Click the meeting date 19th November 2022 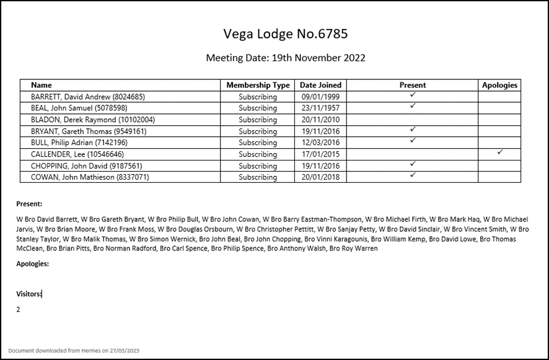coord(286,58)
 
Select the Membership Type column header coord(258,86)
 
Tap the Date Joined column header coord(320,86)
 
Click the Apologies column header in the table coord(499,86)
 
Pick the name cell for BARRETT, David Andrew coord(88,97)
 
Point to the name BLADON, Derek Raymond coord(93,120)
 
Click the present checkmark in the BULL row coord(413,141)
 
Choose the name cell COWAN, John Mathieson coord(90,177)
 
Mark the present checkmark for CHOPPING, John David coord(413,164)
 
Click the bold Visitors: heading coord(29,294)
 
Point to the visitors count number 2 coord(19,309)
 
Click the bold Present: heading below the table coord(29,203)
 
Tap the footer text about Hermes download coord(74,351)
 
